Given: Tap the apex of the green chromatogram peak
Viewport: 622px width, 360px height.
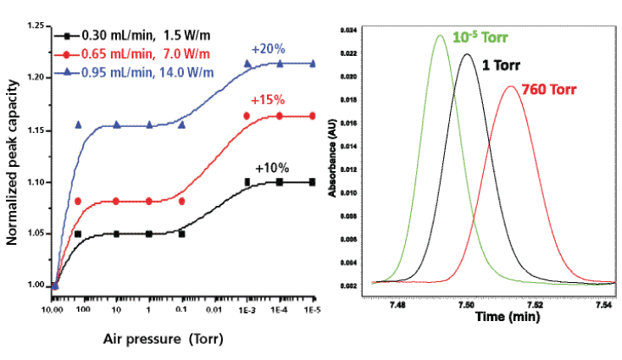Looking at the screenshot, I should (440, 36).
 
